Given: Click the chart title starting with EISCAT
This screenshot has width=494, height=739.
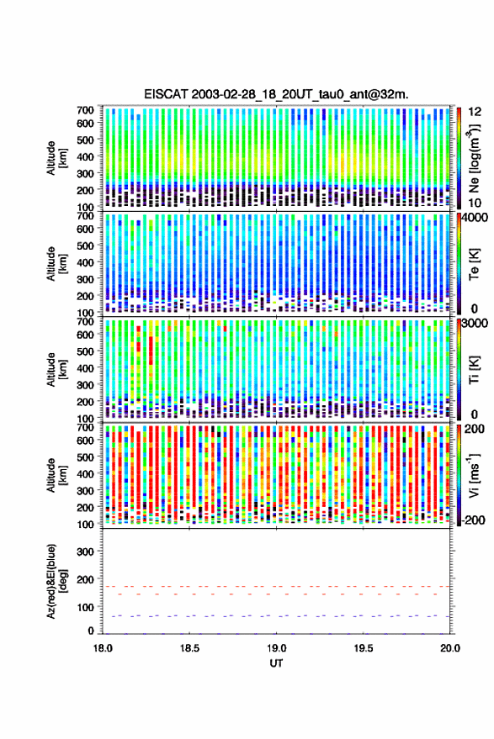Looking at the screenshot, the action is (x=276, y=94).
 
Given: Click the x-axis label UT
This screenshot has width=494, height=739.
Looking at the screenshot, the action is (x=276, y=663).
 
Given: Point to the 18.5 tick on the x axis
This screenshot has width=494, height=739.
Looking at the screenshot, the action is (x=189, y=648).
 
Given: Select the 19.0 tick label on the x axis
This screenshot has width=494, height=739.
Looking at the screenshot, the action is (x=276, y=648).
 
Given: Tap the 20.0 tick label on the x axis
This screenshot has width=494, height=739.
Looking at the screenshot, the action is (x=450, y=648).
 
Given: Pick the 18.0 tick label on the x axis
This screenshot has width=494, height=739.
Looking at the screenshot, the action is (x=103, y=648).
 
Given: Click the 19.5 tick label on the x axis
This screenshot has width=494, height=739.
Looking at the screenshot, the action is (x=363, y=648).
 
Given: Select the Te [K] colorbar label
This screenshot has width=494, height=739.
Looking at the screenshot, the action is (x=474, y=264).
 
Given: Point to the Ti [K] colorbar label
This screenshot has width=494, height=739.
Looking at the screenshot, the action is (x=474, y=370).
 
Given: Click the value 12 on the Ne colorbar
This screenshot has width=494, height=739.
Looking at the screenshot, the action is (x=475, y=112).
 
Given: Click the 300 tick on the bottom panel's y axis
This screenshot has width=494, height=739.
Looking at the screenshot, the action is (x=85, y=552).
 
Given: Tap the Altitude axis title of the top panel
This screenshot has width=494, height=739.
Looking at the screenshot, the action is (x=57, y=158).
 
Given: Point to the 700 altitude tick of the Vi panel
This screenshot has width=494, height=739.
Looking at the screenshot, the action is (x=85, y=427).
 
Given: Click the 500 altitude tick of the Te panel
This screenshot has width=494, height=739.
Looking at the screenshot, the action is (x=85, y=245).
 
